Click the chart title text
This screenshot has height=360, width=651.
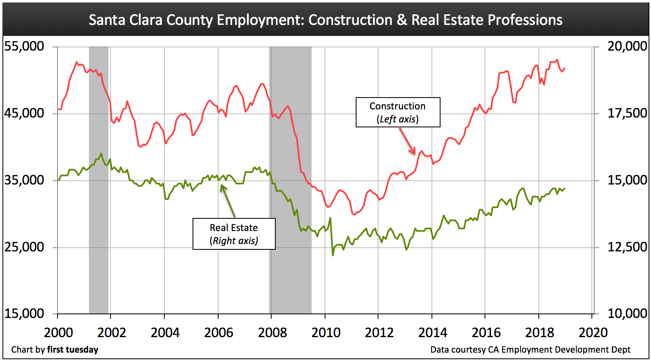pyautogui.click(x=325, y=20)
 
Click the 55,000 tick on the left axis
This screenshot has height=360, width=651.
pyautogui.click(x=24, y=46)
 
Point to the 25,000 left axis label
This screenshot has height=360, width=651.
pyautogui.click(x=24, y=247)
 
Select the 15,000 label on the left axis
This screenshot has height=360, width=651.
pyautogui.click(x=24, y=313)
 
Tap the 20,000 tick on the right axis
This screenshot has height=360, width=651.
pyautogui.click(x=627, y=46)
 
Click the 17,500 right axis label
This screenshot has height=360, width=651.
pyautogui.click(x=627, y=113)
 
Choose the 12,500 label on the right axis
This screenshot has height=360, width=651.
pyautogui.click(x=627, y=247)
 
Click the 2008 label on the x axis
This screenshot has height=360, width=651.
pyautogui.click(x=272, y=333)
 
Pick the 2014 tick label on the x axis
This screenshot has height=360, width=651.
pyautogui.click(x=433, y=333)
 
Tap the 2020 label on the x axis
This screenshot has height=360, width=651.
pyautogui.click(x=593, y=333)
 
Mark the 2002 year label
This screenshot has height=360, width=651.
pyautogui.click(x=112, y=333)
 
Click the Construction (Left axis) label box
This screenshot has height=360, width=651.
pyautogui.click(x=398, y=112)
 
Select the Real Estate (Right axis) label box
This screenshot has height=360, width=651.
pyautogui.click(x=234, y=234)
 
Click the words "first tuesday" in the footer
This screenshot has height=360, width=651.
pyautogui.click(x=73, y=350)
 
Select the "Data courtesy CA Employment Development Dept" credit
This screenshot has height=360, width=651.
pyautogui.click(x=530, y=350)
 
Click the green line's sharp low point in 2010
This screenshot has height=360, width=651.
pyautogui.click(x=333, y=255)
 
